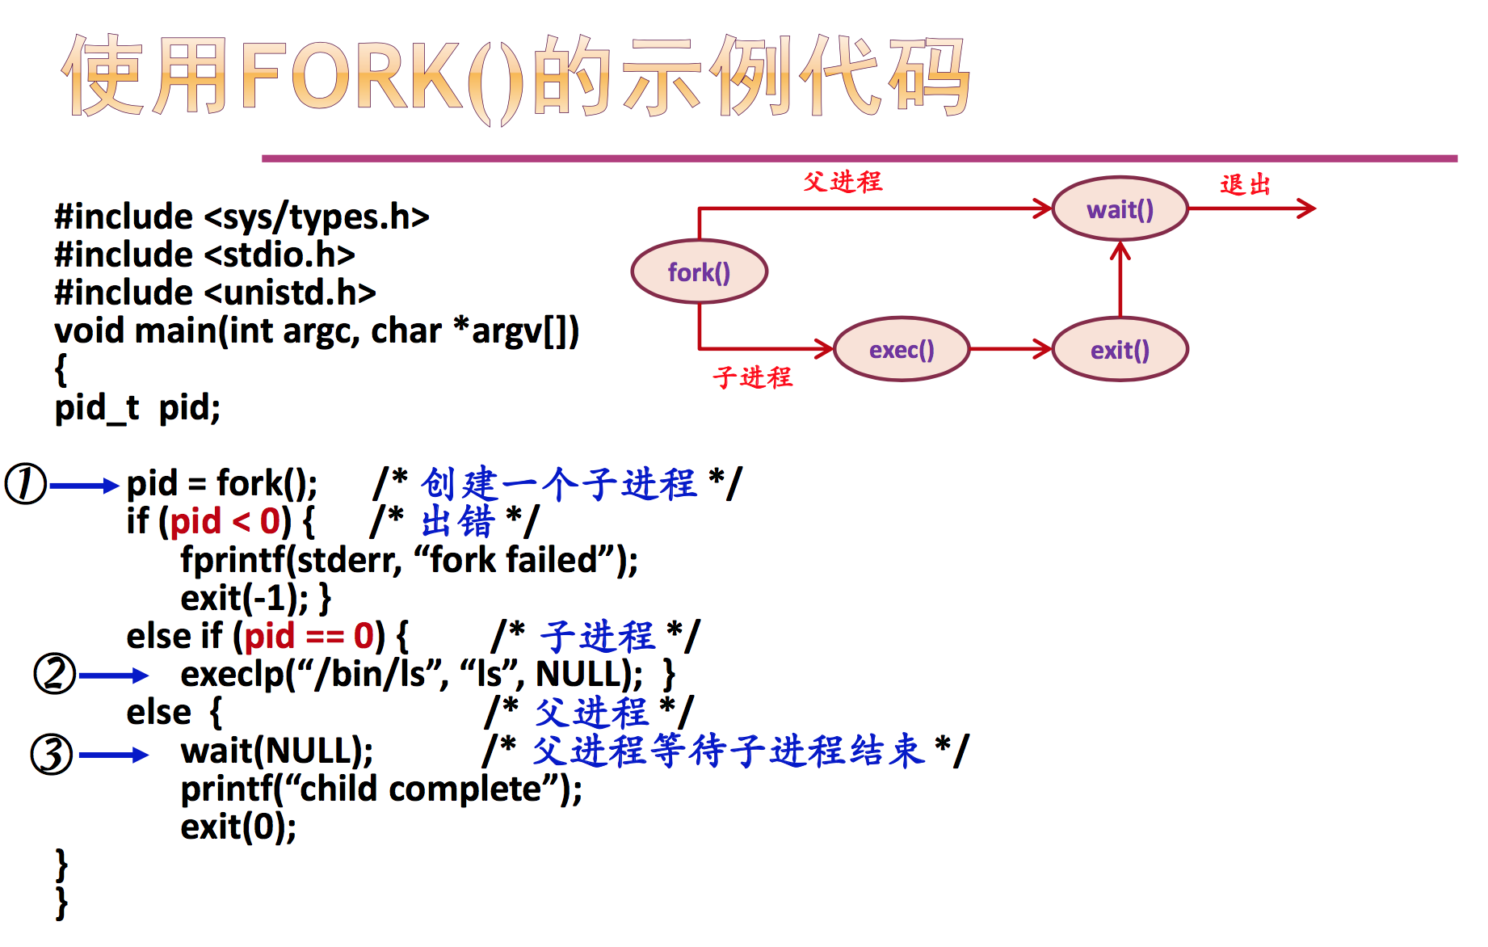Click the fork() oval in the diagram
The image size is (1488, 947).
coord(699,272)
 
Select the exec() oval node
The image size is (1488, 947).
coord(901,350)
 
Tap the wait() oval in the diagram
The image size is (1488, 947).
coord(1120,209)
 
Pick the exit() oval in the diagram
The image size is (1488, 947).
coord(1120,350)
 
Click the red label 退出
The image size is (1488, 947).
coord(1245,185)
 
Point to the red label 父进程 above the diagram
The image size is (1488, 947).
coord(843,182)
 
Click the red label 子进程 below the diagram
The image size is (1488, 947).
coord(752,377)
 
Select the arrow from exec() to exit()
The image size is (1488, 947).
coord(1011,349)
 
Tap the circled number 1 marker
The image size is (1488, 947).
coord(26,484)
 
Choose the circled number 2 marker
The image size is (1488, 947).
coord(54,674)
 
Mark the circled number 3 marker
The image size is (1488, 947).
coord(52,754)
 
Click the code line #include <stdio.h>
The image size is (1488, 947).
coord(204,255)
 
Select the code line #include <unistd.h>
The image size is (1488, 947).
coord(215,293)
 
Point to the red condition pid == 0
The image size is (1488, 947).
coord(309,637)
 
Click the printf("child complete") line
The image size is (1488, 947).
coord(381,789)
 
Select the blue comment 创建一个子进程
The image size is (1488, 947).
coord(558,484)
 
